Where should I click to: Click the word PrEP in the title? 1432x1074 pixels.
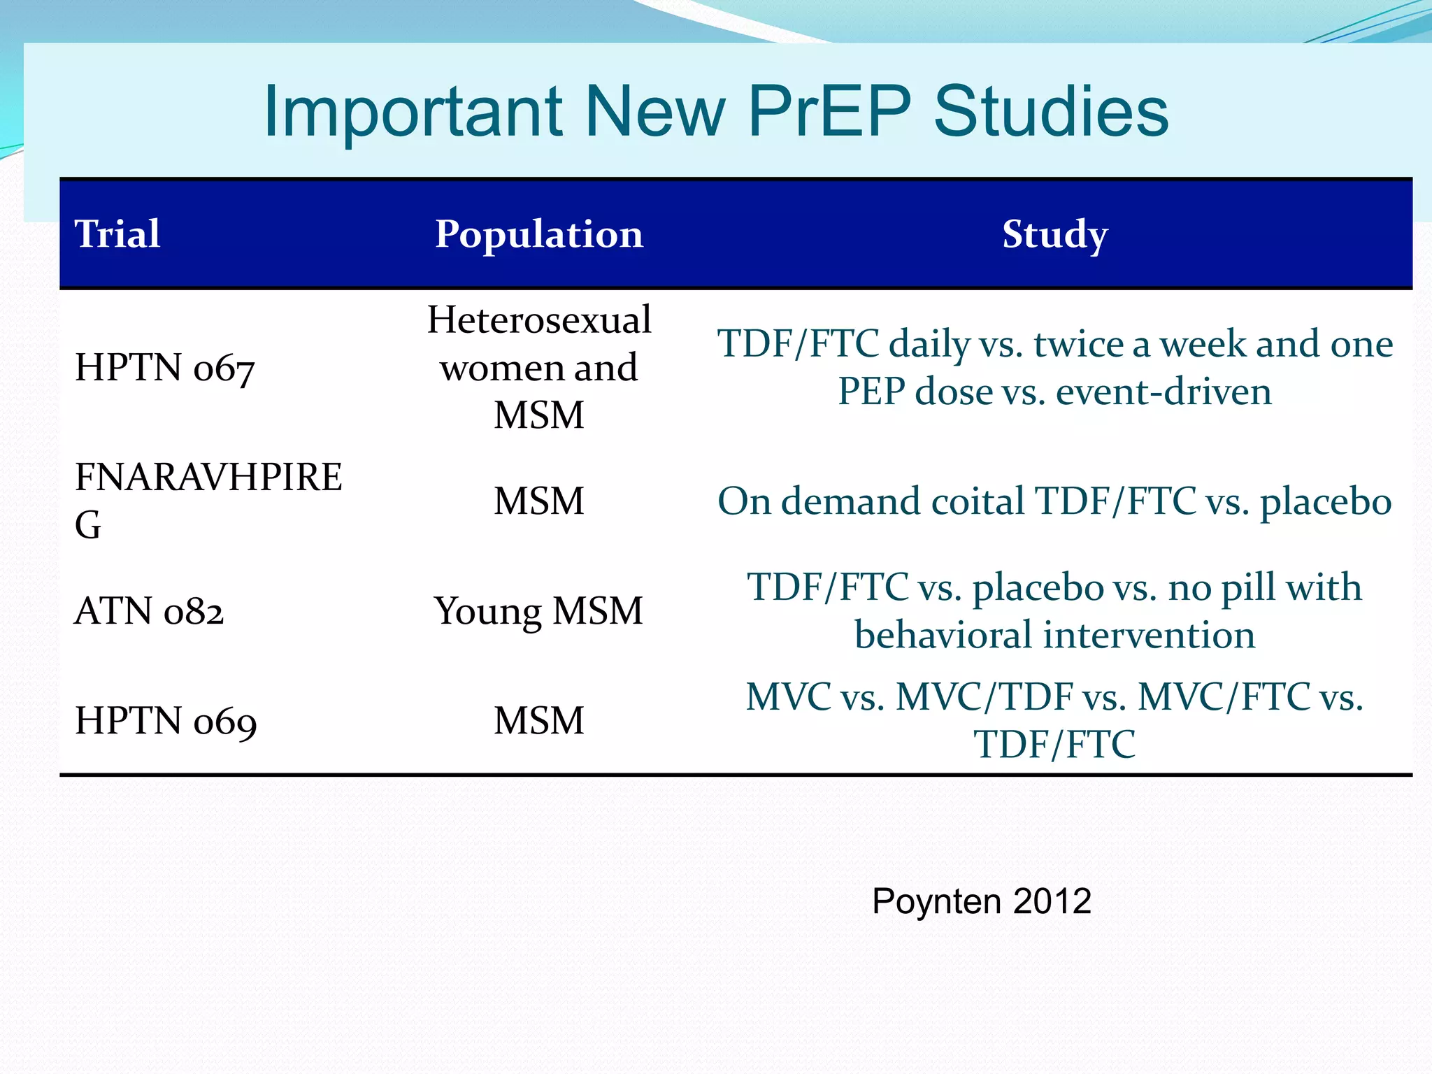coord(829,112)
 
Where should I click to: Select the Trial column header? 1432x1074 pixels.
coord(117,234)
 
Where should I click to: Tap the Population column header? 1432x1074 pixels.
coord(538,234)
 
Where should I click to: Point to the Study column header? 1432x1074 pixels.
coord(1054,234)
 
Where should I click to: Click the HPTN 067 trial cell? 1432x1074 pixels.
coord(164,368)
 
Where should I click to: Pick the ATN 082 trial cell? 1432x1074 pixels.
coord(149,611)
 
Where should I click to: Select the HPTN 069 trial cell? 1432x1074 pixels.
coord(166,721)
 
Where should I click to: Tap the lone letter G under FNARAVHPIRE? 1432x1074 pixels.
coord(88,524)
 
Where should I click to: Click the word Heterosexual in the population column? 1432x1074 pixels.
coord(539,320)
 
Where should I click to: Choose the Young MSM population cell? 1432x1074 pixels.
coord(538,611)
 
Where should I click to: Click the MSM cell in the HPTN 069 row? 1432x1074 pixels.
coord(538,721)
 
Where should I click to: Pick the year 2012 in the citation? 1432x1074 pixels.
coord(1052,901)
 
